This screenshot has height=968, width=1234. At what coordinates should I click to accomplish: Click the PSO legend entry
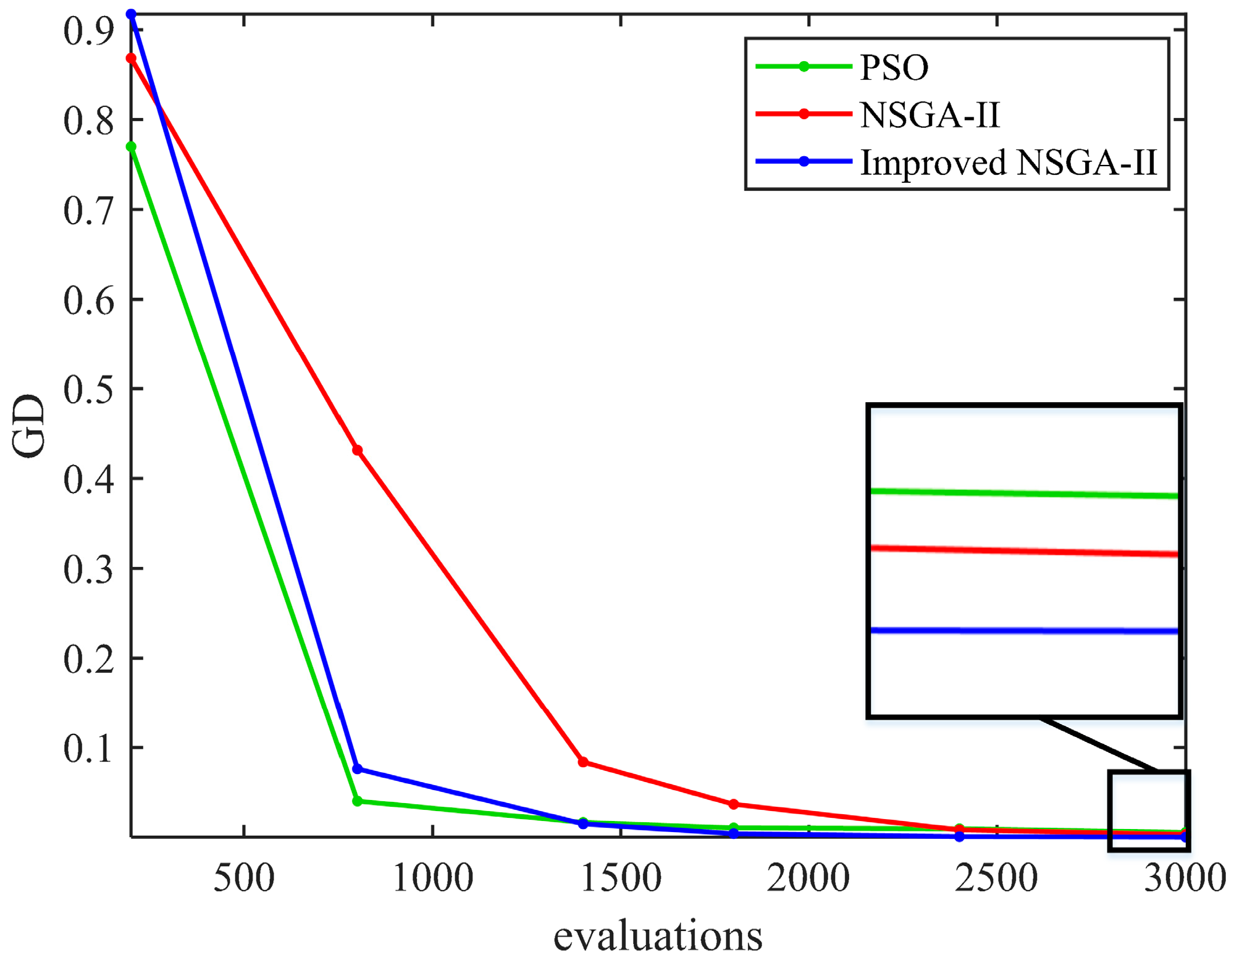point(894,67)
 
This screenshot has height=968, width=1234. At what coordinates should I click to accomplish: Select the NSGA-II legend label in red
point(929,115)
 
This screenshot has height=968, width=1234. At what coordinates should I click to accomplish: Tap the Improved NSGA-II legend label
point(1008,163)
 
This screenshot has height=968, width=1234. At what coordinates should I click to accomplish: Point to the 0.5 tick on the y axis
point(89,390)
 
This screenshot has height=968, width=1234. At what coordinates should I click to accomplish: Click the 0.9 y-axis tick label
point(89,31)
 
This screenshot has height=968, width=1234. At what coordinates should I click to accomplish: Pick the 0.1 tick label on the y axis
point(89,749)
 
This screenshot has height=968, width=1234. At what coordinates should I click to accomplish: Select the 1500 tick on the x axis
point(621,878)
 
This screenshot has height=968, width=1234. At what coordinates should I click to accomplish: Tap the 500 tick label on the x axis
point(244,878)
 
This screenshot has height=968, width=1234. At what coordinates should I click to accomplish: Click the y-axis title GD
point(29,426)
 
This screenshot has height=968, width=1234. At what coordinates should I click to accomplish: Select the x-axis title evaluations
point(657,936)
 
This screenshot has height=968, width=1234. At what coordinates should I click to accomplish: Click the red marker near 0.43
point(357,450)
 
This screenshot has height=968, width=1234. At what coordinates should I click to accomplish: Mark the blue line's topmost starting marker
point(131,14)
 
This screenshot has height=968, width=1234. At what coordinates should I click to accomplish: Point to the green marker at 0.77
point(131,147)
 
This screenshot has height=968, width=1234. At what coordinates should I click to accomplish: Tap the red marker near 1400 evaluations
point(583,762)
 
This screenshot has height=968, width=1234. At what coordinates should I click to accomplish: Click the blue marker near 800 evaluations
point(357,769)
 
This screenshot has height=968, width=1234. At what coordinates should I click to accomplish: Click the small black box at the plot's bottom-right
point(1148,810)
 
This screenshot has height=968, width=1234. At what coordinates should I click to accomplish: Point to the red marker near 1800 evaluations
point(734,804)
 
